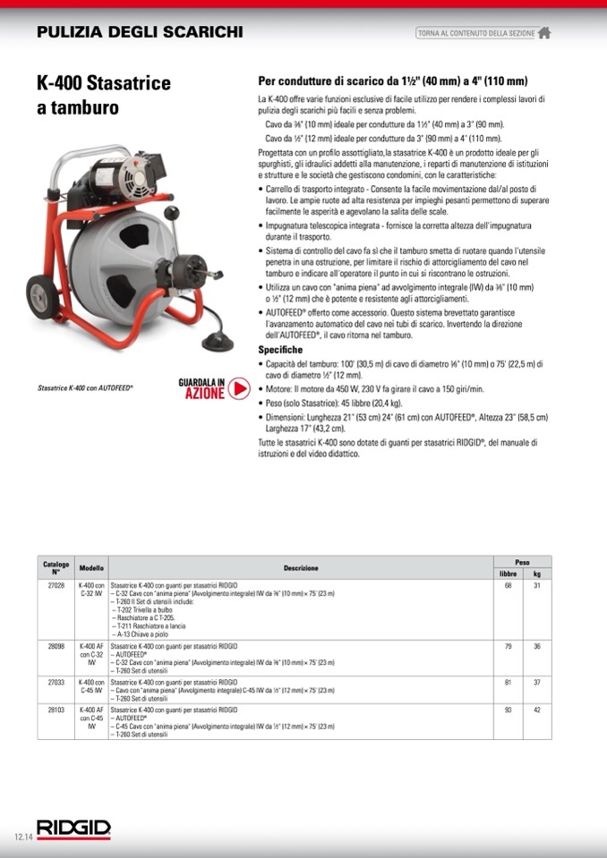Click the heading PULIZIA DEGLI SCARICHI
[140, 32]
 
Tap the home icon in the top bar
[544, 33]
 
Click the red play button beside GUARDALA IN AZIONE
[238, 387]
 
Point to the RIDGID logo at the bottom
[73, 828]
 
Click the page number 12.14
[22, 837]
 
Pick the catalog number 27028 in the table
[56, 585]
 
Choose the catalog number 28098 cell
[56, 645]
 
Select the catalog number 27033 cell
[56, 681]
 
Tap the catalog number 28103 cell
[56, 709]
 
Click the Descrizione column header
[301, 567]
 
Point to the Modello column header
[91, 567]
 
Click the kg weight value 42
[537, 709]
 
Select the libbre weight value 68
[509, 585]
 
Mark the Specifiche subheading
[280, 349]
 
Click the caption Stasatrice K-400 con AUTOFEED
[85, 388]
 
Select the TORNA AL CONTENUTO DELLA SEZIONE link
[475, 33]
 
